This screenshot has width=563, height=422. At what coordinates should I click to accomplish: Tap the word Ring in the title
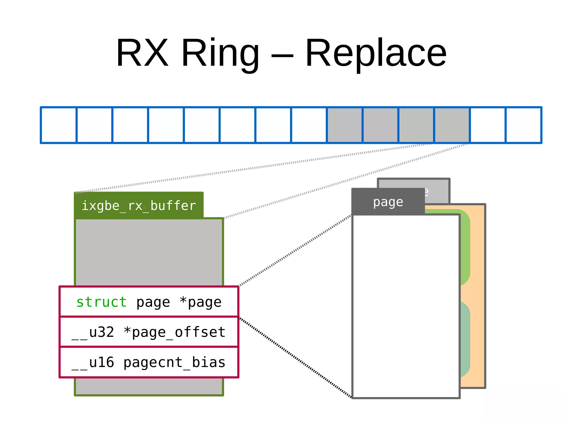[220, 54]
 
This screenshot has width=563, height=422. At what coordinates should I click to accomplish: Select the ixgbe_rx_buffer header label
[139, 206]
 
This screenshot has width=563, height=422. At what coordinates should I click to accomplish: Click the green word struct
[101, 302]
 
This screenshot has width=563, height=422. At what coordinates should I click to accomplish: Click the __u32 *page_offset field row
[148, 332]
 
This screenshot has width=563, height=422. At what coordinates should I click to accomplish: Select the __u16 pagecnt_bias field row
[148, 362]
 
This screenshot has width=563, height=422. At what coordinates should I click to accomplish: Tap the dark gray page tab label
[388, 202]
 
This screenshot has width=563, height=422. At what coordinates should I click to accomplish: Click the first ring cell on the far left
[59, 125]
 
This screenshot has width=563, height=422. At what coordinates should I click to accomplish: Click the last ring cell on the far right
[523, 125]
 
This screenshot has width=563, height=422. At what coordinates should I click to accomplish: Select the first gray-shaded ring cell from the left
[345, 125]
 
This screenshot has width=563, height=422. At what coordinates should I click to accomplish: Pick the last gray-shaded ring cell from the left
[452, 125]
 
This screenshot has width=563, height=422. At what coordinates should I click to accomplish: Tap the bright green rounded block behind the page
[465, 247]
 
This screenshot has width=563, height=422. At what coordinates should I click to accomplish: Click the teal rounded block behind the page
[465, 339]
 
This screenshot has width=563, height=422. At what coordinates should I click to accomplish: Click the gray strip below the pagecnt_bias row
[148, 386]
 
